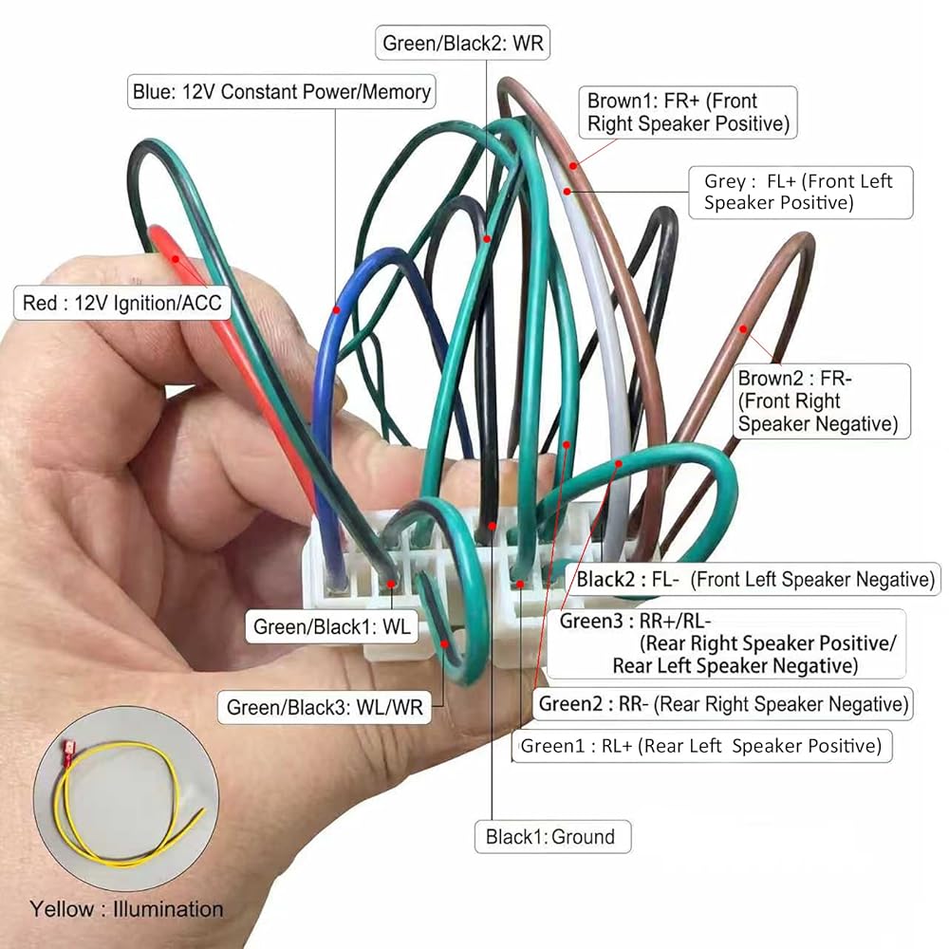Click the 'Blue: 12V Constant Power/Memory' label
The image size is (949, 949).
(282, 92)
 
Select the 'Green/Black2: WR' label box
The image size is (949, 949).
(463, 43)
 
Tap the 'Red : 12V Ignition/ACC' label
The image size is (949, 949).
(122, 303)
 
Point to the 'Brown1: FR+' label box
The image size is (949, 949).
(688, 113)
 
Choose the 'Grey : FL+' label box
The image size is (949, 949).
(801, 193)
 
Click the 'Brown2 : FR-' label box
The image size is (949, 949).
(821, 400)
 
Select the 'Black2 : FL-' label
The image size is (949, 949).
(753, 579)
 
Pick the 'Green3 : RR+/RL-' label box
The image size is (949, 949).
(726, 644)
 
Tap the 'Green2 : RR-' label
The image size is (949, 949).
(723, 704)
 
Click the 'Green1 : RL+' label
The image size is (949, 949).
(702, 746)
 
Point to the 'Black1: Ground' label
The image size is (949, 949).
(552, 837)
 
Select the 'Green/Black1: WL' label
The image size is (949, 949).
(331, 626)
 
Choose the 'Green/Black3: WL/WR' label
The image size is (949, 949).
(325, 707)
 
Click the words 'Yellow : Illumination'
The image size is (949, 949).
(126, 909)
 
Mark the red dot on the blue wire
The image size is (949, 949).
(337, 310)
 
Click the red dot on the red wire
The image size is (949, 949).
(175, 259)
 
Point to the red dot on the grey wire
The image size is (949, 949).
(568, 192)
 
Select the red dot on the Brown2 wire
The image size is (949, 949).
(743, 329)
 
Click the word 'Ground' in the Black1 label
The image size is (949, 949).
(583, 837)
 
